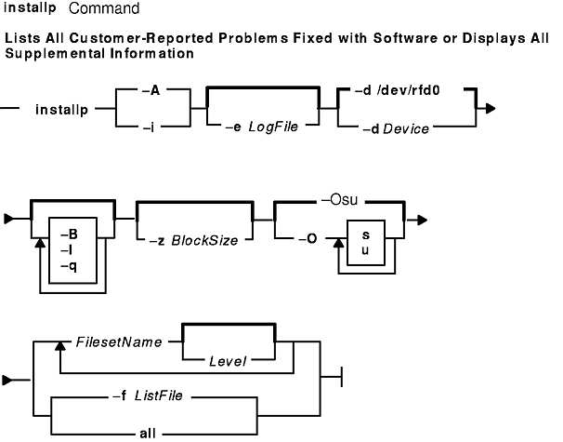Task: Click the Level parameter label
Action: [226, 359]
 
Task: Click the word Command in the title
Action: [105, 10]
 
